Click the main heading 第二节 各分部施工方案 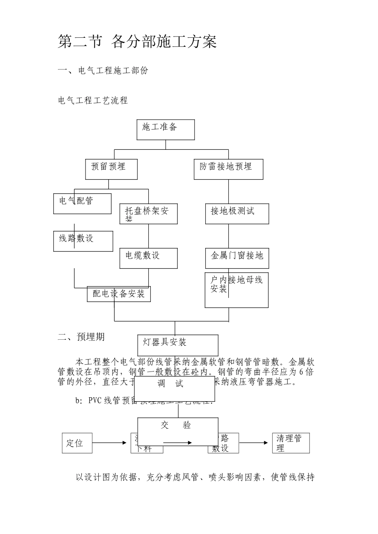click(x=137, y=42)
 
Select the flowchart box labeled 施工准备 click(x=166, y=130)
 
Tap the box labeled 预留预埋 click(x=111, y=169)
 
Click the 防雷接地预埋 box click(x=228, y=169)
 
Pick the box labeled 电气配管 click(x=82, y=203)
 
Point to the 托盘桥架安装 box click(x=148, y=214)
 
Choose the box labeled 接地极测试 click(x=237, y=214)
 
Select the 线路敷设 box click(x=83, y=241)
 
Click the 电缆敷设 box click(x=148, y=258)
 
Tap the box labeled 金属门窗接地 click(x=237, y=258)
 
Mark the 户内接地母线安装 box click(x=236, y=290)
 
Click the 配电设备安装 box click(x=119, y=294)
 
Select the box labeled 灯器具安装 click(x=178, y=345)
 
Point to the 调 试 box click(x=175, y=389)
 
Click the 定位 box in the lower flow click(x=77, y=443)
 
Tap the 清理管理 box click(x=290, y=443)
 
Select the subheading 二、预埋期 click(x=81, y=337)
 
